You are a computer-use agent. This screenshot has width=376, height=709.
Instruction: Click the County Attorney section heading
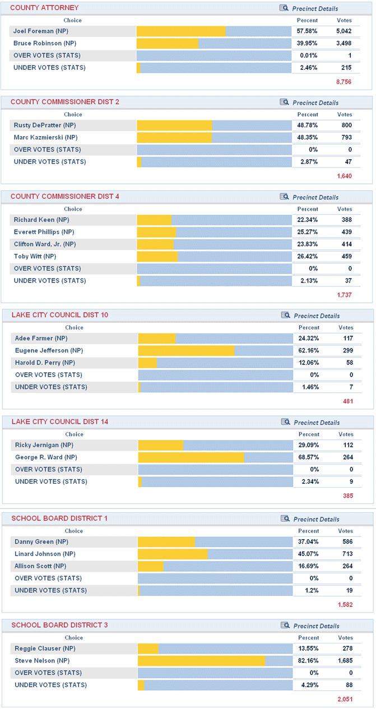tap(44, 8)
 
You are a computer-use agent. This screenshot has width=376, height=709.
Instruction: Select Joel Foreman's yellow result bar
tap(181, 31)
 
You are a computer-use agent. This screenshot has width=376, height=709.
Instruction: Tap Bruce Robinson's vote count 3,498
tap(343, 43)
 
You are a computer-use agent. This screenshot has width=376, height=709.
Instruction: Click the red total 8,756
tap(343, 82)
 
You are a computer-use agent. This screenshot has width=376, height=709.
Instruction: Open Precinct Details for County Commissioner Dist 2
tap(315, 103)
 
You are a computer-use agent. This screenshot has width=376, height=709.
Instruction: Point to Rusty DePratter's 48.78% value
tap(307, 125)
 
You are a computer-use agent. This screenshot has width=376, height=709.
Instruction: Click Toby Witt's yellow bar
tap(157, 256)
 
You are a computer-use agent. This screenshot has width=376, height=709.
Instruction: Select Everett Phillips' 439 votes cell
tap(344, 232)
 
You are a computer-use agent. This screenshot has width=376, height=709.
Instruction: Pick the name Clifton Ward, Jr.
tap(44, 244)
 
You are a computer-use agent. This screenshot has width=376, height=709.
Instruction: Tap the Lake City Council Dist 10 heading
tap(60, 315)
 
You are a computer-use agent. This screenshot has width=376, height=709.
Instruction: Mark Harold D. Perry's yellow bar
tap(147, 363)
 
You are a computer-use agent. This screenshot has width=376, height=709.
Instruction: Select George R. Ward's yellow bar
tap(191, 457)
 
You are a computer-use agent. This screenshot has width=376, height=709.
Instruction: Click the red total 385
tap(348, 496)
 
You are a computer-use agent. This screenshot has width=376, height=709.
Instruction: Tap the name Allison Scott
tap(40, 566)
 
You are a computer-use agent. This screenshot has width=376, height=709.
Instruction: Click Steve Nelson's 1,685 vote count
tap(345, 661)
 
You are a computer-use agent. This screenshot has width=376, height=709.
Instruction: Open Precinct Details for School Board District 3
tap(316, 626)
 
